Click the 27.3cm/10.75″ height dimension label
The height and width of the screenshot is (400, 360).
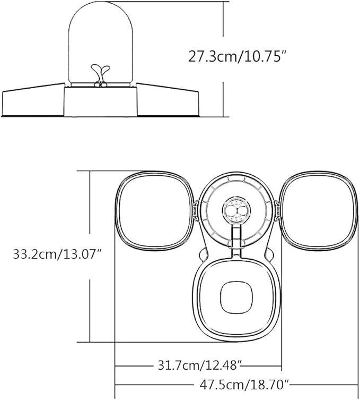click(x=238, y=57)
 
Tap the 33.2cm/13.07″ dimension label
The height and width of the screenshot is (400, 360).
click(x=58, y=254)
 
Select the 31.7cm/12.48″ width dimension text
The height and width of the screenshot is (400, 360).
click(x=200, y=365)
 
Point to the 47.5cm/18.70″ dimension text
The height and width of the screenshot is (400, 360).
click(x=245, y=385)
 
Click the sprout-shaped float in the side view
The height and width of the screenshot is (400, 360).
click(x=100, y=75)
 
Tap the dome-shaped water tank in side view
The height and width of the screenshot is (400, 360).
click(x=101, y=44)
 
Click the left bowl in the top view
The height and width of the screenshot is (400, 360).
click(x=154, y=211)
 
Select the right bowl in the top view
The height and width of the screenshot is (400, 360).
click(x=319, y=211)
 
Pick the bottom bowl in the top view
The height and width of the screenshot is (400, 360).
click(x=236, y=299)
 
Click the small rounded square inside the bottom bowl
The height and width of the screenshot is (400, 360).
click(x=236, y=297)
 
